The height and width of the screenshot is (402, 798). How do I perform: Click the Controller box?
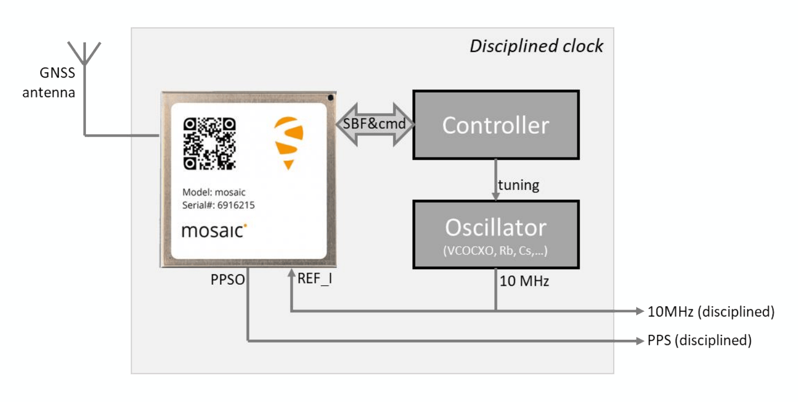click(496, 125)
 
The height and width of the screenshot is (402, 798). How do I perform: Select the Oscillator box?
click(496, 235)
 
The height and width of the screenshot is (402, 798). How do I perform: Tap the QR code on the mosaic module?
click(210, 144)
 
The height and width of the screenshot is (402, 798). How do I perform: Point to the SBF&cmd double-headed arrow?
click(374, 124)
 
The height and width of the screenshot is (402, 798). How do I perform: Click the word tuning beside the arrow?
click(518, 186)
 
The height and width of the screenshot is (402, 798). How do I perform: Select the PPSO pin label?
click(228, 279)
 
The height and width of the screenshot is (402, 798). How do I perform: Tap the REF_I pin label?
click(315, 279)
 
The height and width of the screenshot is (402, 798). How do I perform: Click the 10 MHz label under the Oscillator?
click(524, 281)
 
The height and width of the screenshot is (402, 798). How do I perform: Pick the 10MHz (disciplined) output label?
click(711, 312)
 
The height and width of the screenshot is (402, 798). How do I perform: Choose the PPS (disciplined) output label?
click(699, 340)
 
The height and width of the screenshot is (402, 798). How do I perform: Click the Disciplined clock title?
click(537, 46)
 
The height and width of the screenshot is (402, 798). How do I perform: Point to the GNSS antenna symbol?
click(84, 54)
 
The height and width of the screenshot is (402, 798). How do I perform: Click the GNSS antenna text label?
click(49, 83)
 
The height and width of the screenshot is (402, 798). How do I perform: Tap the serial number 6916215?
click(236, 205)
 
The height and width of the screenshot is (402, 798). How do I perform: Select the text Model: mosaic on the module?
click(214, 192)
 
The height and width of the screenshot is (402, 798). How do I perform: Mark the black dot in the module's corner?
click(331, 97)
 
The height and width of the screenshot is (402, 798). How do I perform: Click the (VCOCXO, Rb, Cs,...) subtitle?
click(495, 251)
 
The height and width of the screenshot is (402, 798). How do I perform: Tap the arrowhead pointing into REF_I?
click(292, 273)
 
